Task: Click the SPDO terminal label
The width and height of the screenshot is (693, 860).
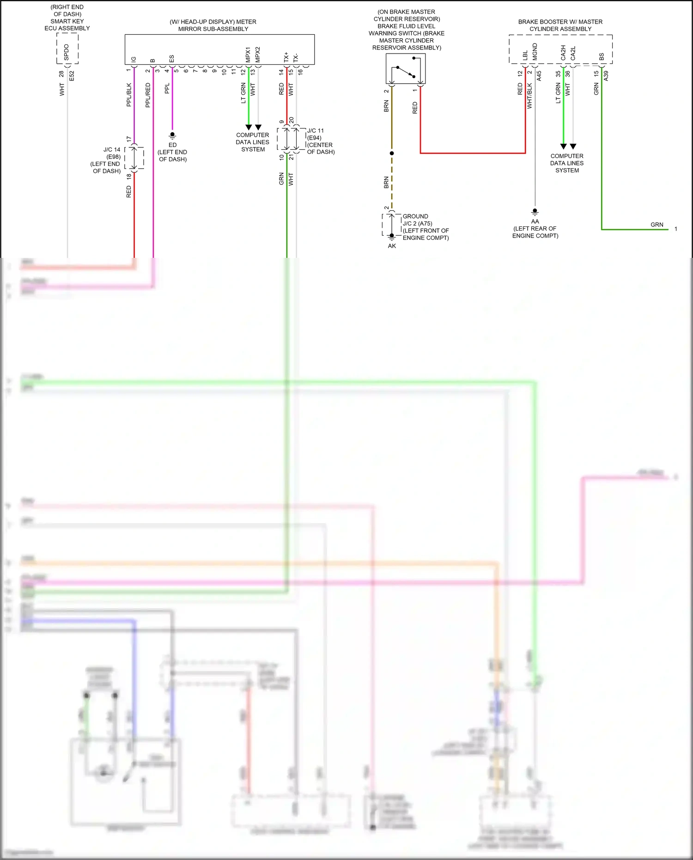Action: point(67,52)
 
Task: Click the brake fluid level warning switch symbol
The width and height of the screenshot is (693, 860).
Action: point(406,68)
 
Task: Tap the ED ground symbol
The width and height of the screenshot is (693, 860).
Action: point(172,135)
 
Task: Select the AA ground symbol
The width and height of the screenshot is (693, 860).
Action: point(535,212)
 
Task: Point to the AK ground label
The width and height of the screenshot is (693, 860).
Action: point(392,246)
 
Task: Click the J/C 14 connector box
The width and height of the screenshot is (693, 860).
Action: point(134,158)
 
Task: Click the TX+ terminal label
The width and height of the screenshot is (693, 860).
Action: point(286,57)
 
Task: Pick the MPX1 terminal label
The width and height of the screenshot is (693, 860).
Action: point(248,54)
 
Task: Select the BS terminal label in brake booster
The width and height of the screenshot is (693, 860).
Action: point(602,56)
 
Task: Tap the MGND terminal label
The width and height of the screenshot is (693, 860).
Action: point(535,51)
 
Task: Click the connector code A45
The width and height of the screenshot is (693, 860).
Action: point(539,76)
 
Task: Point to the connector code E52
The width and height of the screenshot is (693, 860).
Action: point(72,76)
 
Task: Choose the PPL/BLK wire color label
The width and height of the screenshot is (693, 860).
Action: point(129,95)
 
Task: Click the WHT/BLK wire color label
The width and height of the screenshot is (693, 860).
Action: point(529,96)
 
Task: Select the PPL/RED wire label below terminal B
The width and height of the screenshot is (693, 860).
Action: point(148,95)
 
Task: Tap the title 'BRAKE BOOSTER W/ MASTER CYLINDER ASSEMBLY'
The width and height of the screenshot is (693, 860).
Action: point(560,25)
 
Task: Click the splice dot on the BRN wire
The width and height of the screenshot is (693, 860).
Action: point(392,153)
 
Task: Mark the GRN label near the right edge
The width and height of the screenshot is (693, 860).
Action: point(657,225)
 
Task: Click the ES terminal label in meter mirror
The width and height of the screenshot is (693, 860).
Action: point(172,59)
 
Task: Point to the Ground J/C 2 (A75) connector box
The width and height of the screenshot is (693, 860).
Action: point(391,225)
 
